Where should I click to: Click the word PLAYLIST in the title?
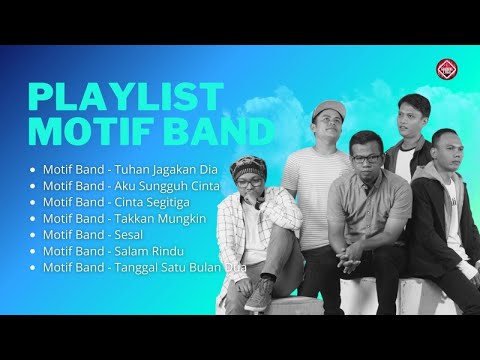click(125, 98)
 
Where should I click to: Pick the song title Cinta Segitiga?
click(155, 201)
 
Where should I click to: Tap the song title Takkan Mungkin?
click(160, 218)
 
